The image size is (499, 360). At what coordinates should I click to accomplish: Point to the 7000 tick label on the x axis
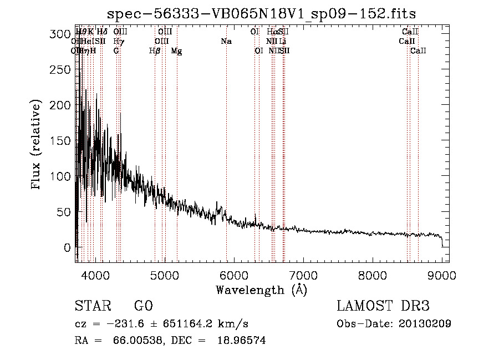[303, 275]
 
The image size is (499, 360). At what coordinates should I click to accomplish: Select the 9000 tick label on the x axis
[442, 275]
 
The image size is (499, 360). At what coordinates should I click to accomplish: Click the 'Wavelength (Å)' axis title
[261, 290]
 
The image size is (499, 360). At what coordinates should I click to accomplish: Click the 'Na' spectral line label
[226, 42]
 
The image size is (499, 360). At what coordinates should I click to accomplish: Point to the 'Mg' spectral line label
[176, 51]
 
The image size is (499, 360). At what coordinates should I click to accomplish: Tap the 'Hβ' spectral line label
[155, 51]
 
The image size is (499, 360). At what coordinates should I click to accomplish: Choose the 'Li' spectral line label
[283, 42]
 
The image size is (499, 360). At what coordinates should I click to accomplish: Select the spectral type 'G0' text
[143, 306]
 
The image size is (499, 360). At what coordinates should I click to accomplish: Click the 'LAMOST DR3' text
[383, 306]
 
